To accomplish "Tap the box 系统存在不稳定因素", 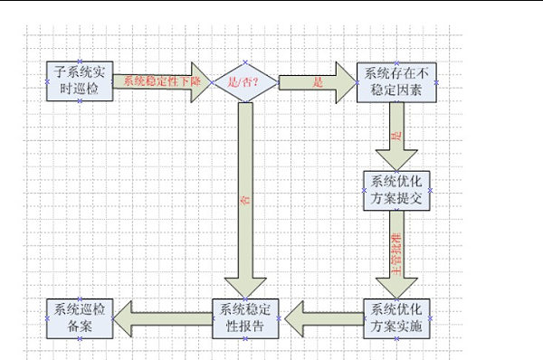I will [398, 81].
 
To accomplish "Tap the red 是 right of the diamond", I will [318, 81].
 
